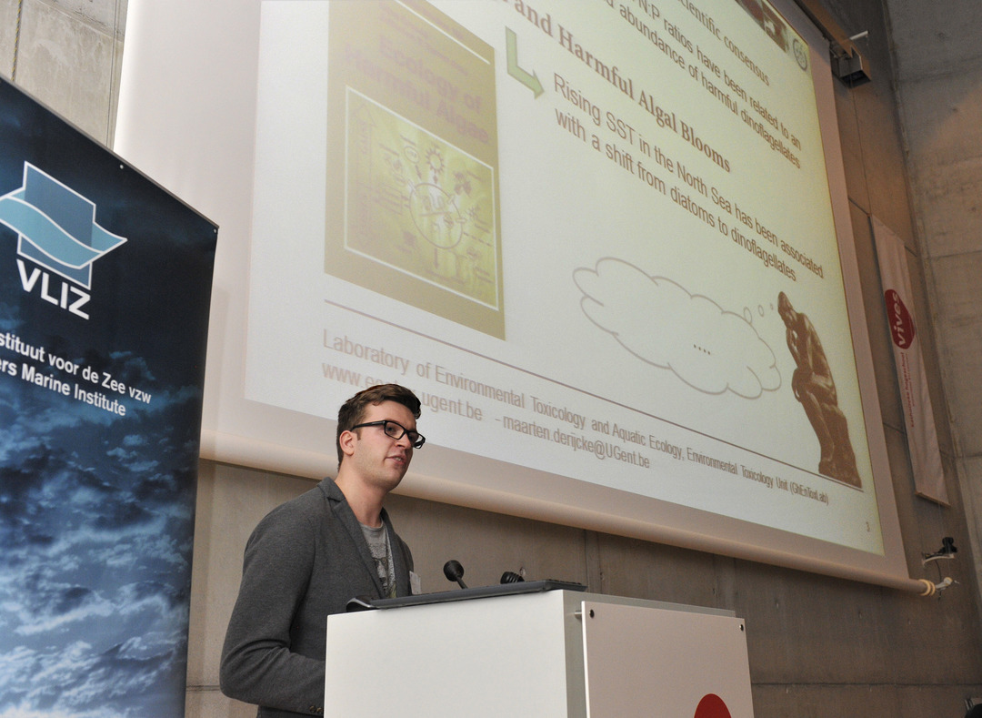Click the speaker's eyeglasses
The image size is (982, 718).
pyautogui.click(x=391, y=430)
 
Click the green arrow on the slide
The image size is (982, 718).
pyautogui.click(x=523, y=63)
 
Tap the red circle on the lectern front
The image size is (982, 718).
pyautogui.click(x=712, y=707)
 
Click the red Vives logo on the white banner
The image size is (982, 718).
pyautogui.click(x=899, y=319)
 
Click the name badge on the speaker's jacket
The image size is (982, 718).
pyautogui.click(x=415, y=581)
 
